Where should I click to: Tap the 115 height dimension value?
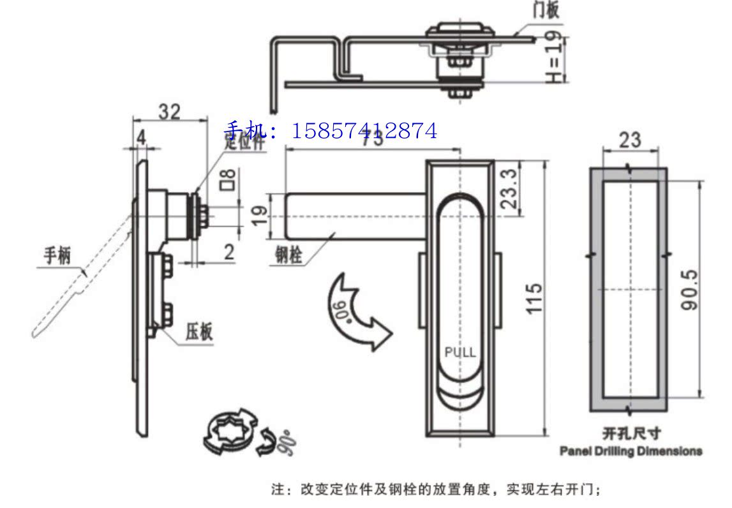click(x=534, y=297)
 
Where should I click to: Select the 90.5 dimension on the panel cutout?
click(x=689, y=288)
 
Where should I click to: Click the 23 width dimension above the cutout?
click(x=629, y=140)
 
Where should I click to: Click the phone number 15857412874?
click(x=364, y=131)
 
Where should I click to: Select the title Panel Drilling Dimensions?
click(x=631, y=451)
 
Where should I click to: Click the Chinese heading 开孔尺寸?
click(x=631, y=434)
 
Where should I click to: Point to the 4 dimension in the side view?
click(x=140, y=137)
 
